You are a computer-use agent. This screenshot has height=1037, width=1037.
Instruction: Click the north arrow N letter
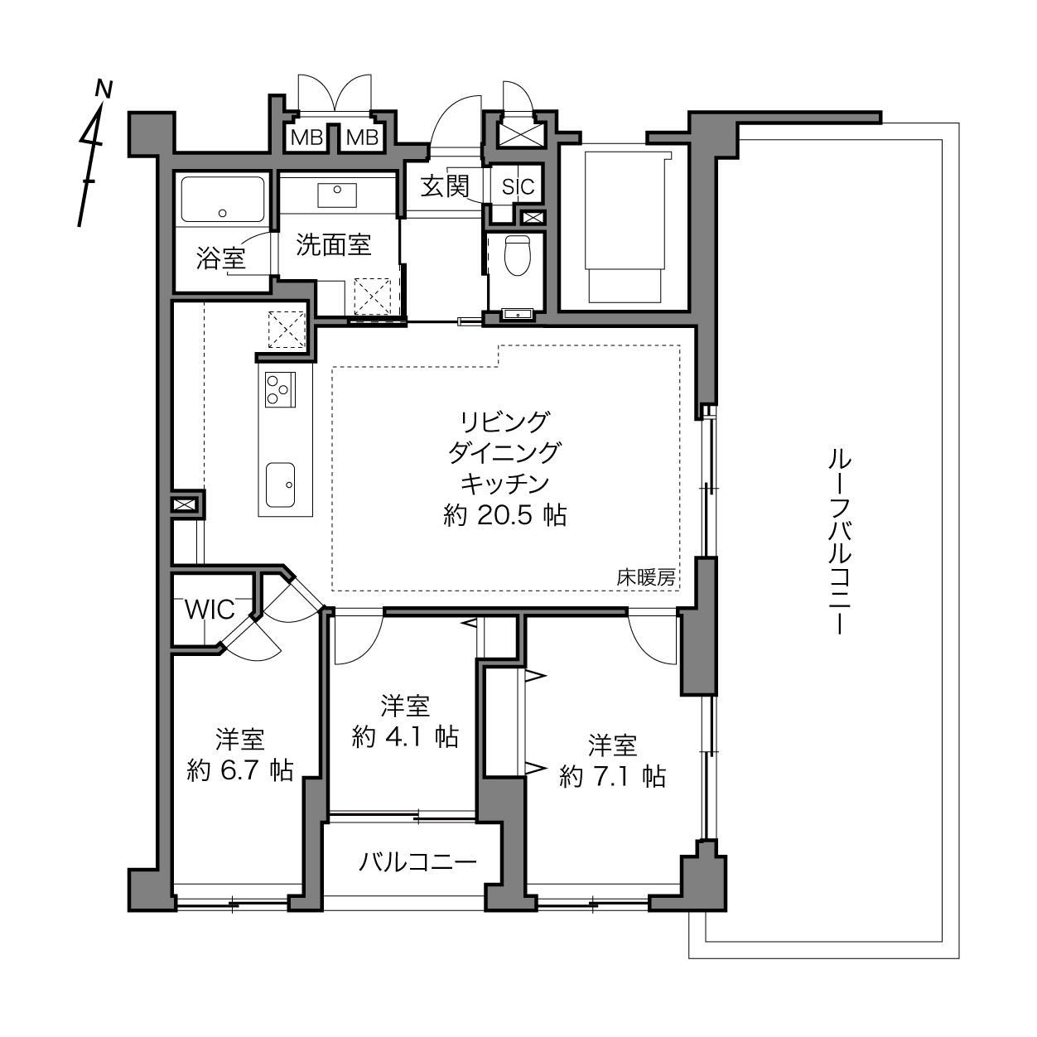104,89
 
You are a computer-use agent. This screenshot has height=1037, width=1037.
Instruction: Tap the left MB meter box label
306,138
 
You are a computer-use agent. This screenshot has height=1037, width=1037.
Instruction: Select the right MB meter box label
362,138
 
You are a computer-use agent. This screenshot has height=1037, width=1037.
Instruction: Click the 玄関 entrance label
445,186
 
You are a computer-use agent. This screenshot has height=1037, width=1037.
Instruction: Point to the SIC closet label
518,186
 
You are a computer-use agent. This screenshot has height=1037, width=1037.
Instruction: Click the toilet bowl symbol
518,255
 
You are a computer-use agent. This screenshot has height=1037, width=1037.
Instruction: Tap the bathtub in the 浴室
223,199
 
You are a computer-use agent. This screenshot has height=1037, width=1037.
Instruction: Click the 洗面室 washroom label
334,245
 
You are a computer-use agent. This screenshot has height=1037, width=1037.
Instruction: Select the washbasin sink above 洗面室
337,195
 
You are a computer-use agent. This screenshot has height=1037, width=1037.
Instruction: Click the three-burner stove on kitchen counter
281,389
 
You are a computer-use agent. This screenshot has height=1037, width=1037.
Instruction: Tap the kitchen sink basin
281,485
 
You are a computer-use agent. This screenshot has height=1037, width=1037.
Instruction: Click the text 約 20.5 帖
504,515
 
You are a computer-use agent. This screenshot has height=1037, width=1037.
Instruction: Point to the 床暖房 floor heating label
646,578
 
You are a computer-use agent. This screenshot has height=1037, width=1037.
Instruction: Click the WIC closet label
210,610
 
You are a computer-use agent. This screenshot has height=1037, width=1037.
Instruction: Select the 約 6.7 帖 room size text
240,772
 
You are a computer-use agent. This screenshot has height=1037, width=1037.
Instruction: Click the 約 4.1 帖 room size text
405,736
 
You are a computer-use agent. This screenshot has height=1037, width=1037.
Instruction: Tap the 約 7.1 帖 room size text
612,777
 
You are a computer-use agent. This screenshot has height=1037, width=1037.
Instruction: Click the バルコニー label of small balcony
417,863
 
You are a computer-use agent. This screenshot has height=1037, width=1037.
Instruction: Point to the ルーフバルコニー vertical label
840,543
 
